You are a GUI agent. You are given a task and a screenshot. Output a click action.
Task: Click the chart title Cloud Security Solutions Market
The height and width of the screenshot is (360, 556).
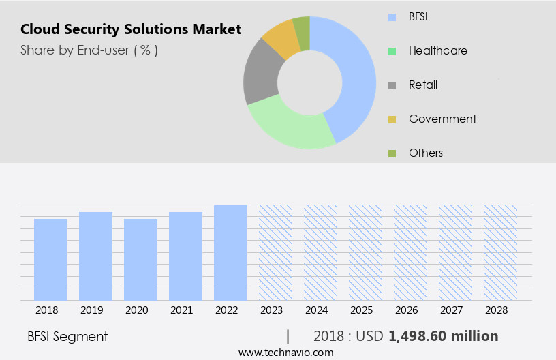[x=130, y=29]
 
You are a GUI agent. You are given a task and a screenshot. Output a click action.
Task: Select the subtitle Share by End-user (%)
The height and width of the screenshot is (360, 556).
[x=89, y=50]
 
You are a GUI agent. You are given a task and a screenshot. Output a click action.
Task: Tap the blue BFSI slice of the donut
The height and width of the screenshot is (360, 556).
[x=354, y=75]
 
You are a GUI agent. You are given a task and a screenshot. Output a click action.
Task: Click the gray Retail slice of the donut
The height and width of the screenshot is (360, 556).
[x=260, y=74]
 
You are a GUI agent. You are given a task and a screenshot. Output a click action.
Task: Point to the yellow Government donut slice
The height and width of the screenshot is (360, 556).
[x=281, y=39]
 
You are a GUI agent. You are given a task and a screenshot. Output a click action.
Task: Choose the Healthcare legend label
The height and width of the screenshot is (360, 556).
[x=437, y=50]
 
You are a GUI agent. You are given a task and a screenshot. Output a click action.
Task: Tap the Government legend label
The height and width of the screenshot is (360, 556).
[x=442, y=119]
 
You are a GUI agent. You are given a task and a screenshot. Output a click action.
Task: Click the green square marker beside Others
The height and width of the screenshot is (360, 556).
[x=392, y=153]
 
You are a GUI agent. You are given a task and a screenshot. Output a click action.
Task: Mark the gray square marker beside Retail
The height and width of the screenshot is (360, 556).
[x=392, y=85]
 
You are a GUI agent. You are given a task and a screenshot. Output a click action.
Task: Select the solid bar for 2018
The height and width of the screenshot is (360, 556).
[x=51, y=259]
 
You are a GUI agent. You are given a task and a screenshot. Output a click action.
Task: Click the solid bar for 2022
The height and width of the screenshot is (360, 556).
[x=230, y=252]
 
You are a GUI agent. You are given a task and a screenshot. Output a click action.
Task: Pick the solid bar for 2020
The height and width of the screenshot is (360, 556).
[x=140, y=259]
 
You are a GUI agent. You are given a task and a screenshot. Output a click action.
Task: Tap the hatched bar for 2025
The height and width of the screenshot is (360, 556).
[x=365, y=252]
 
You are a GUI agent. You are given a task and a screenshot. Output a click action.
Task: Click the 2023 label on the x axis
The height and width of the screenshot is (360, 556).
[x=275, y=310]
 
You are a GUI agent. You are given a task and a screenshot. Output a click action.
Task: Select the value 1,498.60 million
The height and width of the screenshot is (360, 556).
[x=443, y=336]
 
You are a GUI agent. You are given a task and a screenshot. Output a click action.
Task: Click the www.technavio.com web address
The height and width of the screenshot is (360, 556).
[x=285, y=352]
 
